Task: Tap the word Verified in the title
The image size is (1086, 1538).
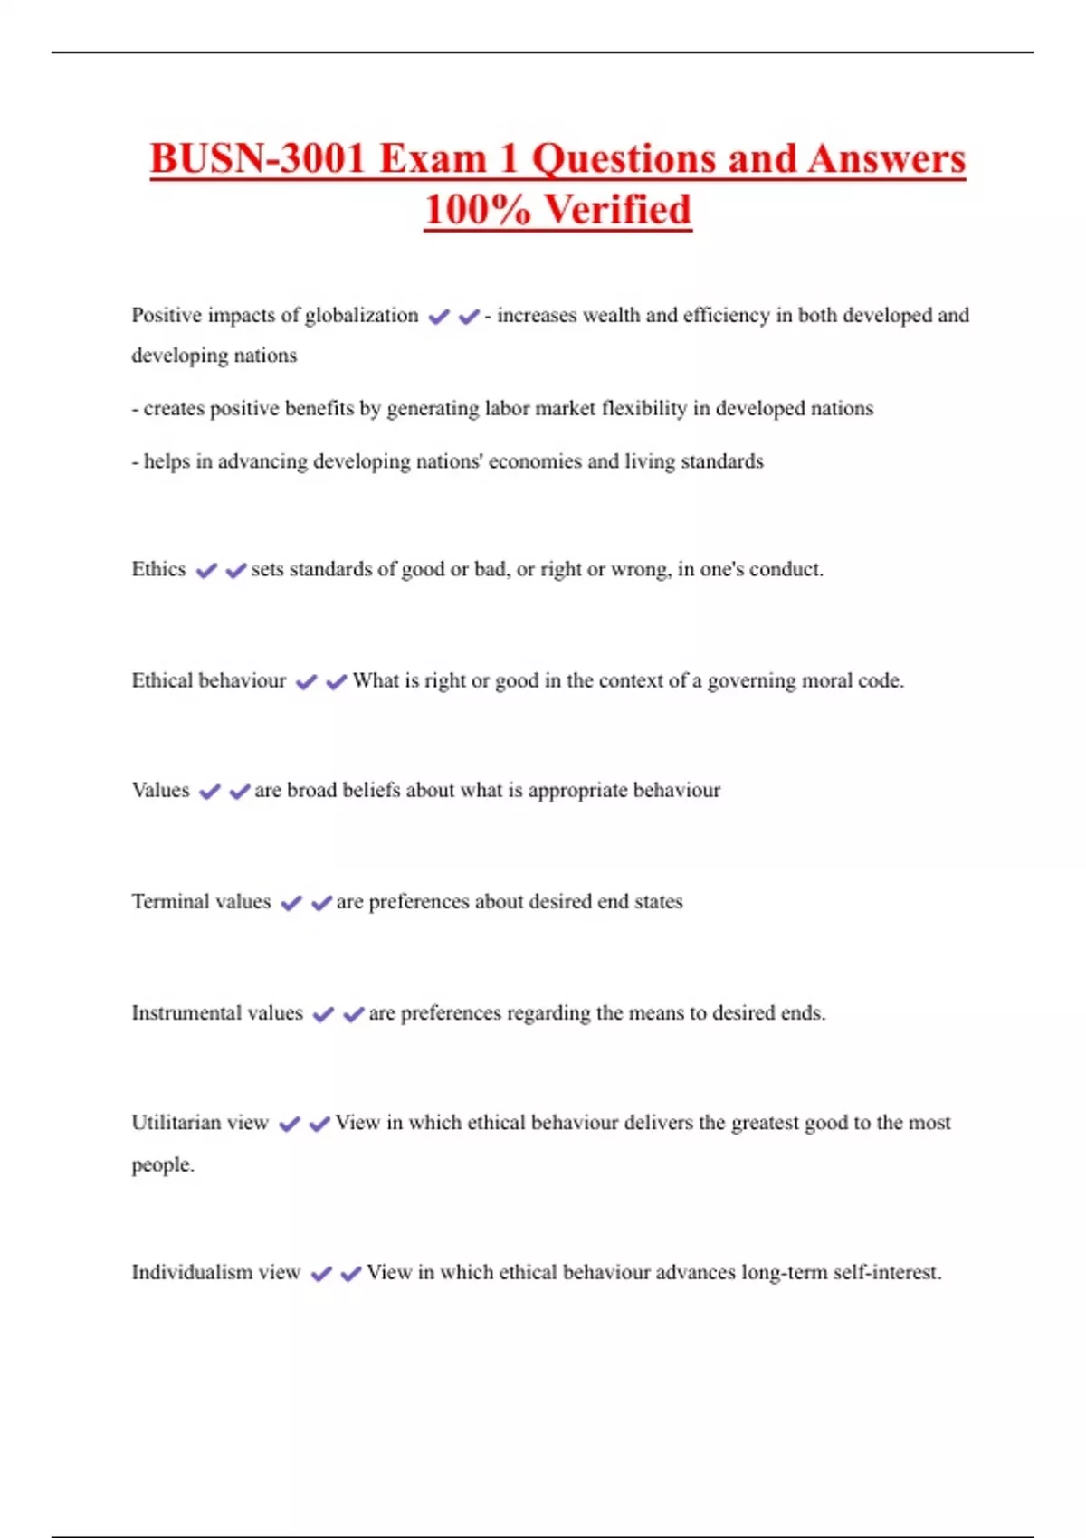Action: [618, 210]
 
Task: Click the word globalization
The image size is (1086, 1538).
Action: [361, 316]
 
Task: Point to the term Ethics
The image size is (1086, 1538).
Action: [158, 569]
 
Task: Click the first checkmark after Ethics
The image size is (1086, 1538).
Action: [206, 570]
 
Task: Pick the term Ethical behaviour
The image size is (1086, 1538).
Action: [208, 680]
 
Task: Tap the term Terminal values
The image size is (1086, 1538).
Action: [201, 901]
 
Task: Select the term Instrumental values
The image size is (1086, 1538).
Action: [217, 1012]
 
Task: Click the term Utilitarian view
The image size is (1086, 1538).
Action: [200, 1123]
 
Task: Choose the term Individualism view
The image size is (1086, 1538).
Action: [215, 1272]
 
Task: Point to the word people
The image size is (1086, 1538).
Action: [162, 1164]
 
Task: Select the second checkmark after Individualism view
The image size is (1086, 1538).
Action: [351, 1274]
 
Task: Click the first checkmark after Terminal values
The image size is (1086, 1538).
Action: [291, 903]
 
